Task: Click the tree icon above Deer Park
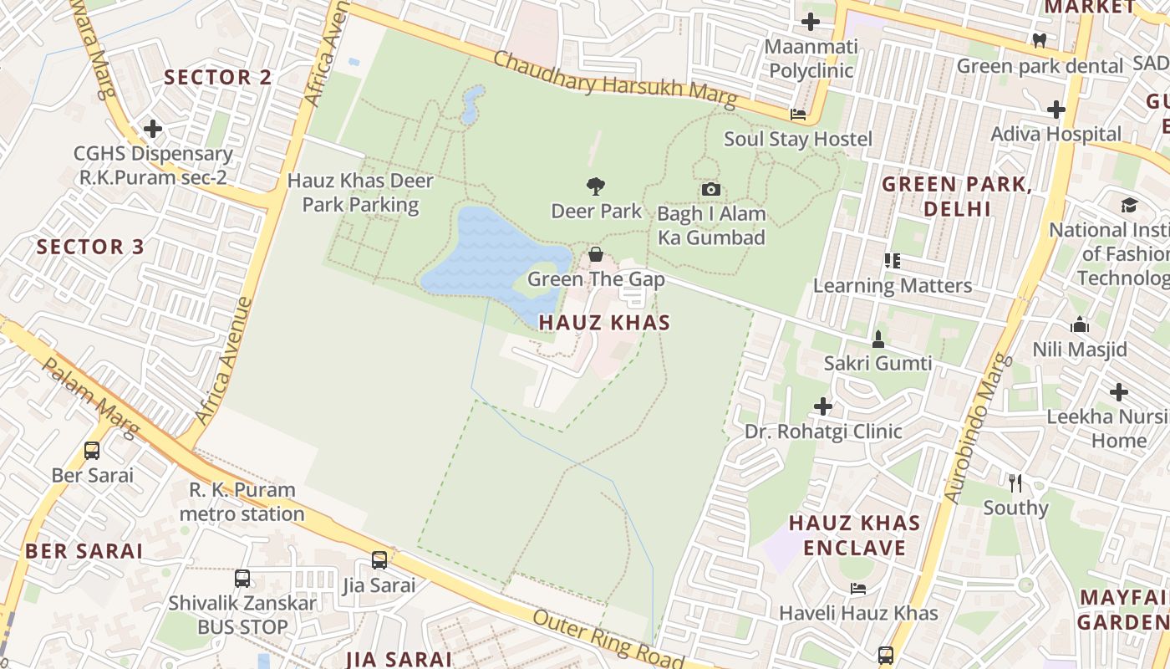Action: click(595, 186)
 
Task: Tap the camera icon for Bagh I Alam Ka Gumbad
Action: click(711, 189)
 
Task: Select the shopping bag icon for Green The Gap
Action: click(596, 254)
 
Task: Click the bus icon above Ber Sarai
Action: click(92, 450)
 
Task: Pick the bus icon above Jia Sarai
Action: click(379, 559)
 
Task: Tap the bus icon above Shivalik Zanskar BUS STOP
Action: click(242, 578)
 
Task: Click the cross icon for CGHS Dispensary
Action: click(152, 129)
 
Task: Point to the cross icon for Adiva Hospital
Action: click(1056, 109)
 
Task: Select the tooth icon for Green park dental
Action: click(1040, 40)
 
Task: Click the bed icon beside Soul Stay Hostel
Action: click(798, 115)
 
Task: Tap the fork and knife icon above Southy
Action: click(1015, 483)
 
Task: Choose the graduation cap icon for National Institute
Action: click(1129, 205)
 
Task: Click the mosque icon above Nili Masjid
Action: click(1080, 324)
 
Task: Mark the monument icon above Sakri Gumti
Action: click(877, 339)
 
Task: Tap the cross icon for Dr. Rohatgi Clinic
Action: click(823, 406)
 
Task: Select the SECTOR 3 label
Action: click(90, 247)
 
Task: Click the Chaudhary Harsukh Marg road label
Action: click(615, 81)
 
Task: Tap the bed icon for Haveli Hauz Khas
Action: click(858, 588)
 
